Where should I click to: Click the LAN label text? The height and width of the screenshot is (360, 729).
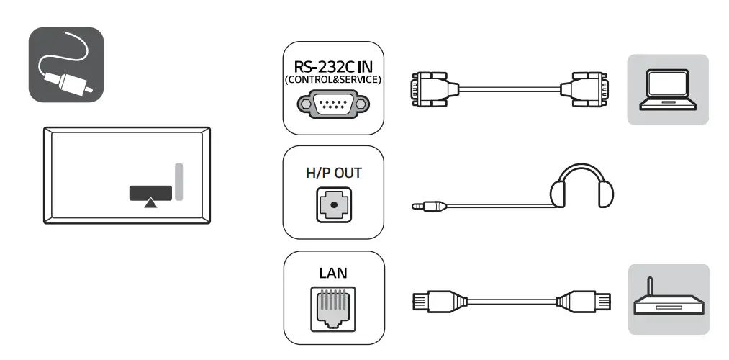[332, 274]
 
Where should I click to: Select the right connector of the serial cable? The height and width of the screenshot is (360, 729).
[587, 89]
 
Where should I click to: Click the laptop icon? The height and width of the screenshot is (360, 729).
[668, 89]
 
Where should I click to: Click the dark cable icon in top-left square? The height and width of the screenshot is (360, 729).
[66, 65]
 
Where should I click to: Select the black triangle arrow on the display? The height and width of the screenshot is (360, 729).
[150, 204]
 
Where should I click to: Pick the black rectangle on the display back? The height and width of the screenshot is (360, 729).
[150, 192]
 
